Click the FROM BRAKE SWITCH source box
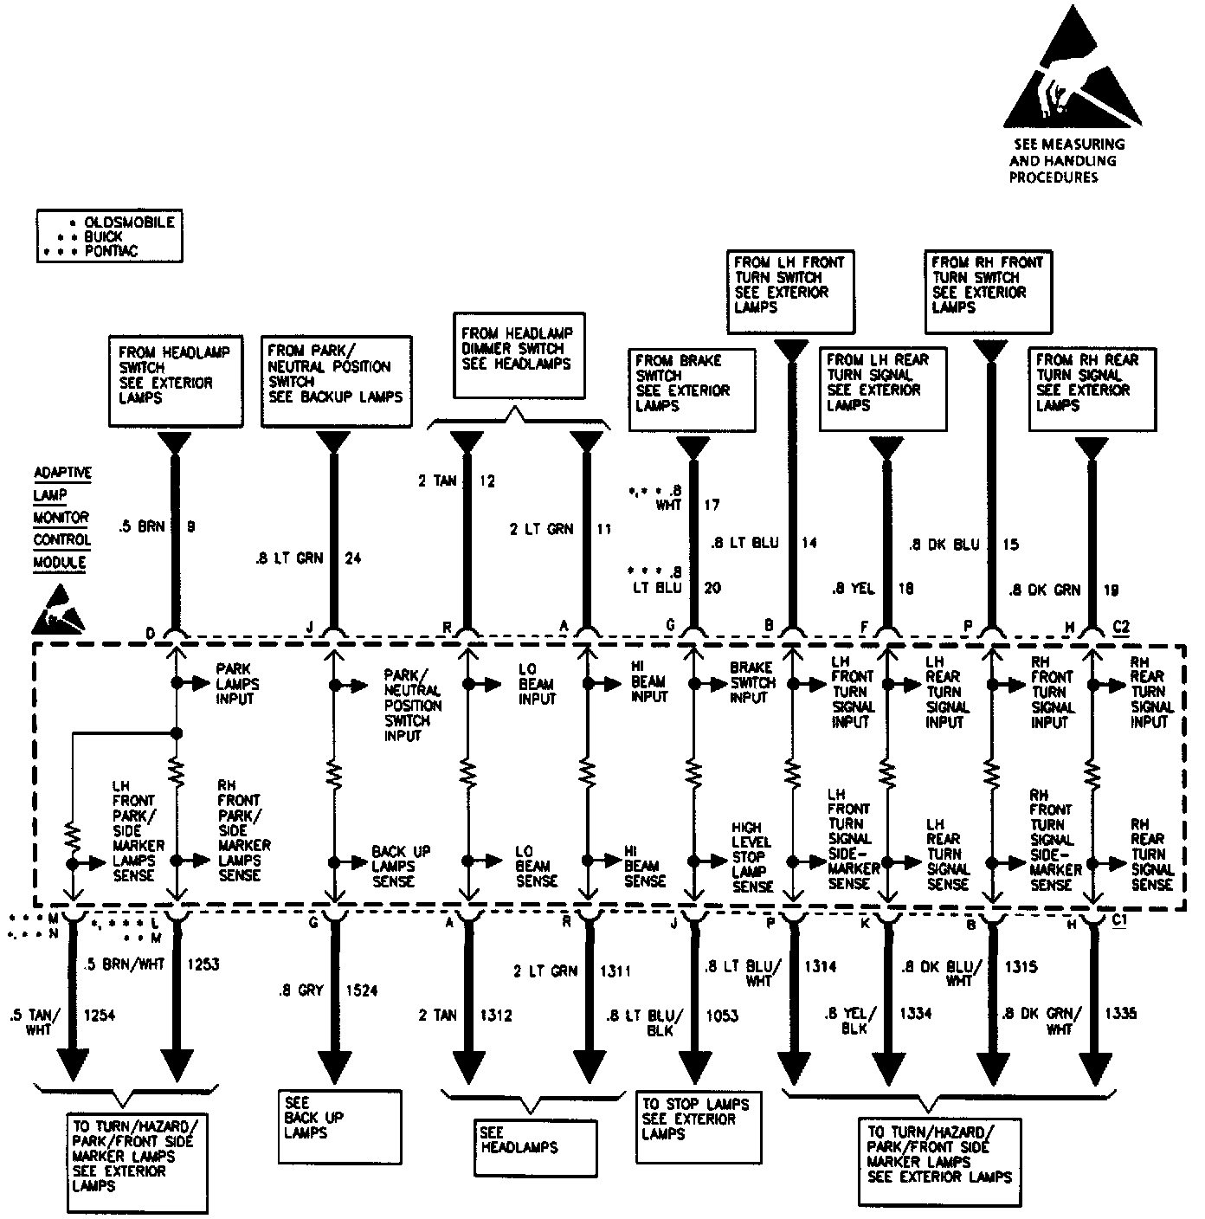pos(692,389)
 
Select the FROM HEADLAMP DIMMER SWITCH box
pos(519,355)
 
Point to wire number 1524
pos(362,990)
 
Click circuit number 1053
pos(721,1016)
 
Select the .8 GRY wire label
pos(300,990)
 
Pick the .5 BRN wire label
pos(141,526)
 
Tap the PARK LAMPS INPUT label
pos(237,684)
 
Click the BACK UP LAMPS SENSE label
pos(401,866)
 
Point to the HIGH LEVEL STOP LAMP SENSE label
pos(752,857)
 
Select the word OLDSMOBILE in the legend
pos(130,223)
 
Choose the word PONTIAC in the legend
pos(111,251)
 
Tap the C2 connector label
pos(1121,627)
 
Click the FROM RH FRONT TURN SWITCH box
pos(988,292)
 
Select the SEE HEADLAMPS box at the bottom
pos(535,1147)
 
